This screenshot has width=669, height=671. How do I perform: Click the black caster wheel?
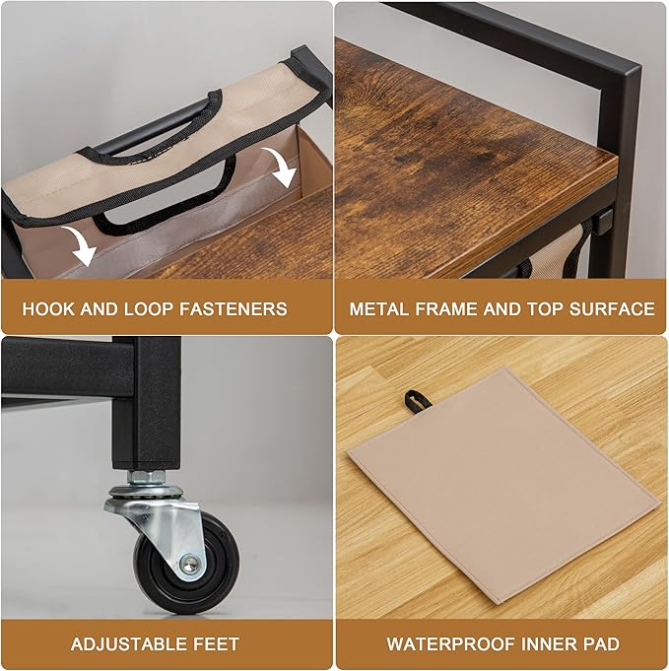coord(186,564)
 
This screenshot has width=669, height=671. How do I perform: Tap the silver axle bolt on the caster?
coord(189,565)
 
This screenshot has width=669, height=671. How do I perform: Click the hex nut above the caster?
coord(147,476)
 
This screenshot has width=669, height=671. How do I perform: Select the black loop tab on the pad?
coord(414,402)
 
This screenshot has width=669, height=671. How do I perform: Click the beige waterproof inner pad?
coord(503,485)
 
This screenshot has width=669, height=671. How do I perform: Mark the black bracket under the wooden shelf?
coord(603,223)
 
